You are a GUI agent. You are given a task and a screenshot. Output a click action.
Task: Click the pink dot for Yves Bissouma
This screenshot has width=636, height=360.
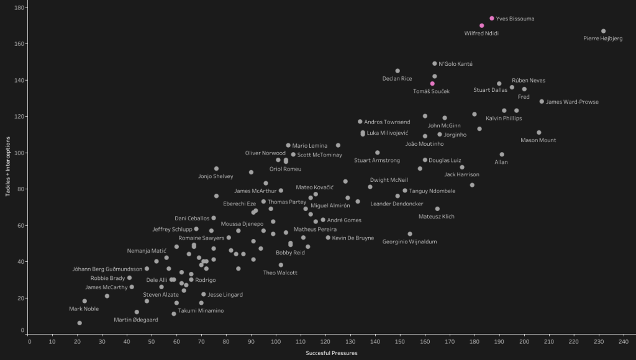point(492,19)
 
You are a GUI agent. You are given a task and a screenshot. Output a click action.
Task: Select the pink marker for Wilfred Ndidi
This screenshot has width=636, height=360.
point(482,26)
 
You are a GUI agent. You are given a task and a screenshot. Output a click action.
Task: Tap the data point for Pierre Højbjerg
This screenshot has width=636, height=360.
point(603,31)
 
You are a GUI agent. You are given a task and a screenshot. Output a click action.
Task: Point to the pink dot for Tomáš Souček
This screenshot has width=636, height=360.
point(432,84)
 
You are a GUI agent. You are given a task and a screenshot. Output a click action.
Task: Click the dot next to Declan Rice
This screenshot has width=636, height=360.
point(397,71)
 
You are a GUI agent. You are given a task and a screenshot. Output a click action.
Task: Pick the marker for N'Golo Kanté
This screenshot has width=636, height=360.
point(435,63)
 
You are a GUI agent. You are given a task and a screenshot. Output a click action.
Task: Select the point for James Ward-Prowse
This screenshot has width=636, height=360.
point(542,101)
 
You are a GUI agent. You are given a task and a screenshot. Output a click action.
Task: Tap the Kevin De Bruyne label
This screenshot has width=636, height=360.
point(353,238)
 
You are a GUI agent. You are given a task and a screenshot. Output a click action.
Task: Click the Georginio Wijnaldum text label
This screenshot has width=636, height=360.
point(410,241)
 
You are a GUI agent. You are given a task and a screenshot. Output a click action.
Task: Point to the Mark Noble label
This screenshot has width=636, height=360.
point(84,308)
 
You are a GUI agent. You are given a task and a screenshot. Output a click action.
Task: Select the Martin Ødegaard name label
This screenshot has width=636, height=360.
point(136,320)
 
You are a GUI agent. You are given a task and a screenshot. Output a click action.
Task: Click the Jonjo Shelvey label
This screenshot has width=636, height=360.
point(216,176)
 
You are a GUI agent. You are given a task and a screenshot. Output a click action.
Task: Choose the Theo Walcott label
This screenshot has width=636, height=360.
point(280,272)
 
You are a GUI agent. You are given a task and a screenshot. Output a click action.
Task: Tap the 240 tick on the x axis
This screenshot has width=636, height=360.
point(623,340)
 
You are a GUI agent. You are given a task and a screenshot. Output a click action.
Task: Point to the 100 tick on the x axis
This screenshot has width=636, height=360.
point(276,340)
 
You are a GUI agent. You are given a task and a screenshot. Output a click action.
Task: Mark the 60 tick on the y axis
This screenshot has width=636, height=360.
point(20,225)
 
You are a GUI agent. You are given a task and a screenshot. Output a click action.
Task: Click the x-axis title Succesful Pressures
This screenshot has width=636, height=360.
point(331,353)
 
